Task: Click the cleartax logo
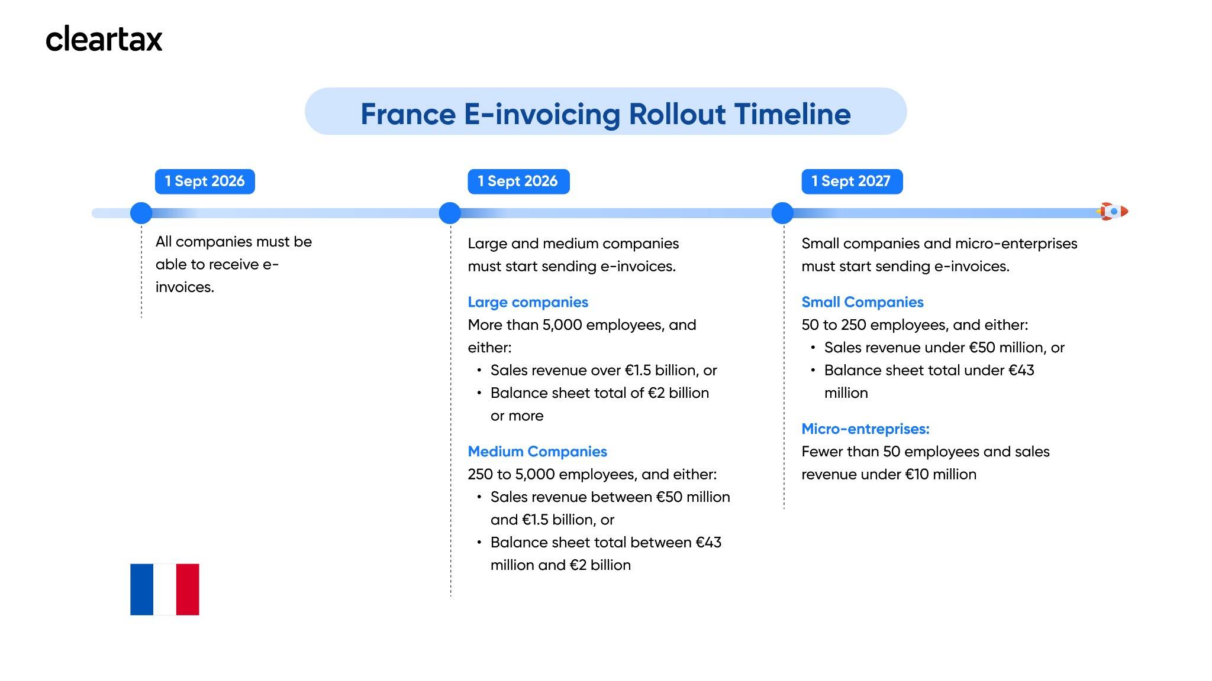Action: [x=104, y=39]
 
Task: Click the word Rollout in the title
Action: [x=676, y=114]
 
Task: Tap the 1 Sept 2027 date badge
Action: [x=852, y=181]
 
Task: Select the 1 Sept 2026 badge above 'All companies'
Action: [x=205, y=181]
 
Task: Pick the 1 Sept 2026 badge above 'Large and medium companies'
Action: [x=518, y=181]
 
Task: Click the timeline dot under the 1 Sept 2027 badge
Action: [x=782, y=213]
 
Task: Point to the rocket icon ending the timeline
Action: [x=1113, y=211]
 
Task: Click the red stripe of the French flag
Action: [x=188, y=589]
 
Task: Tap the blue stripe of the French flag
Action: [x=142, y=589]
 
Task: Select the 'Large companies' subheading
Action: [x=528, y=302]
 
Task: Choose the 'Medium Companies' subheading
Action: [x=537, y=452]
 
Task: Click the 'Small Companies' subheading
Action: [x=862, y=302]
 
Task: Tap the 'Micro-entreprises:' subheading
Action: [x=865, y=429]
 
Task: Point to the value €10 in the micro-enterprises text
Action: [x=917, y=475]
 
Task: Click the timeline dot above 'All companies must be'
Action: [x=141, y=213]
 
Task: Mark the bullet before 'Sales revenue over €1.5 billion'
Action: [x=479, y=371]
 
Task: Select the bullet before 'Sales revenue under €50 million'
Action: [x=813, y=348]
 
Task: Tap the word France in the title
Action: [x=408, y=114]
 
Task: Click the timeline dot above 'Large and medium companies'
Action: [x=450, y=213]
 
